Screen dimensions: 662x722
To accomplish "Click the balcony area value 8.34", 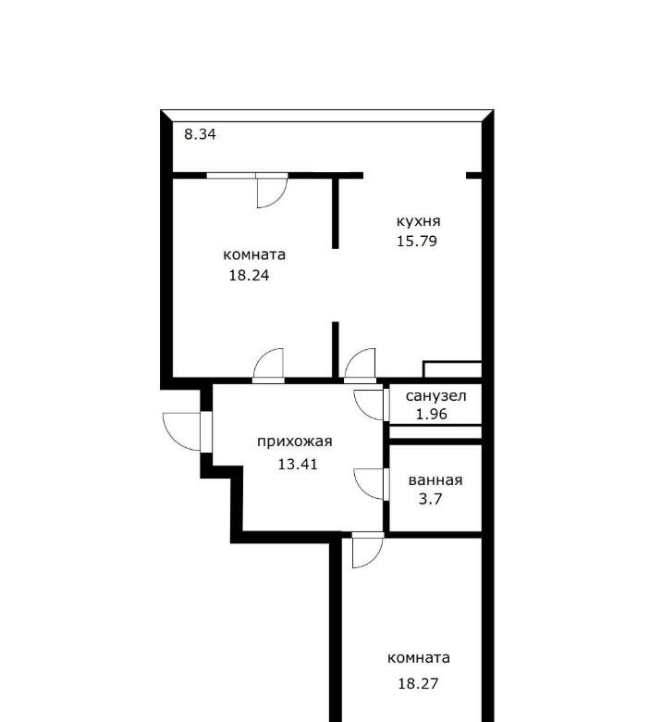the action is tap(200, 134).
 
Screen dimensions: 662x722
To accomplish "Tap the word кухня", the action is tap(418, 221).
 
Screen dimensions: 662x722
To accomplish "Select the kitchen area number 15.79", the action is tap(417, 241).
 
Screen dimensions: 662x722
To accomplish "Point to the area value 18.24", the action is tap(249, 275).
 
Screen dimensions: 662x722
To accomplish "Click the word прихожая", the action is tap(294, 442).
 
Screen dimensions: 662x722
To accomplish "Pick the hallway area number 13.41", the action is tap(298, 464).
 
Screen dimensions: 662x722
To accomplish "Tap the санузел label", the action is tap(435, 396).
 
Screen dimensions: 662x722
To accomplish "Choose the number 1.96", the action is tap(432, 414).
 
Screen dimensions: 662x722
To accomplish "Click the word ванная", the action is tap(435, 480).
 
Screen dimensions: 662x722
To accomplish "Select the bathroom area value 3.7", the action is tap(430, 499).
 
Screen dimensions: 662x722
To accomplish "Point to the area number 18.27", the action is tap(418, 683).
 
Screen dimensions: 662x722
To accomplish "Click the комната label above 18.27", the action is tap(418, 658).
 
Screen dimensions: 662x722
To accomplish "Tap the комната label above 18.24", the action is tap(254, 255).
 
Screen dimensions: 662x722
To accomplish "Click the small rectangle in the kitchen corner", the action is tap(452, 369).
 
